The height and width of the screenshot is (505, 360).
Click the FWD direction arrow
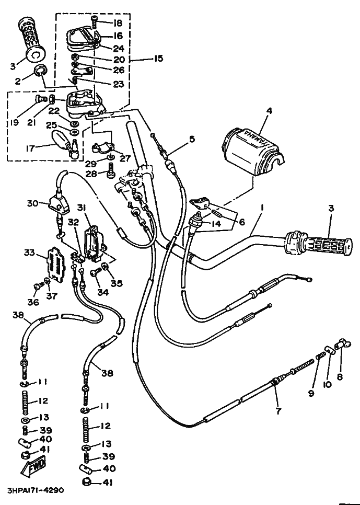click(x=33, y=467)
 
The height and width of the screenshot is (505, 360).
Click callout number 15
click(x=158, y=59)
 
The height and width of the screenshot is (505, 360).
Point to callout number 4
click(x=269, y=111)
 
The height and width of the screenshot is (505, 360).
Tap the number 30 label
click(x=32, y=203)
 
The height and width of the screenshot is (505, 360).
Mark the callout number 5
click(x=192, y=140)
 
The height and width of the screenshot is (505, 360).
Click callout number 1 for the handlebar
click(x=262, y=209)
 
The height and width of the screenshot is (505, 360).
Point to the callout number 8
click(x=340, y=376)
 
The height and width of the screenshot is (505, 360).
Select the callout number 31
click(x=82, y=209)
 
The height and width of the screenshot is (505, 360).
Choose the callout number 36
click(x=33, y=302)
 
